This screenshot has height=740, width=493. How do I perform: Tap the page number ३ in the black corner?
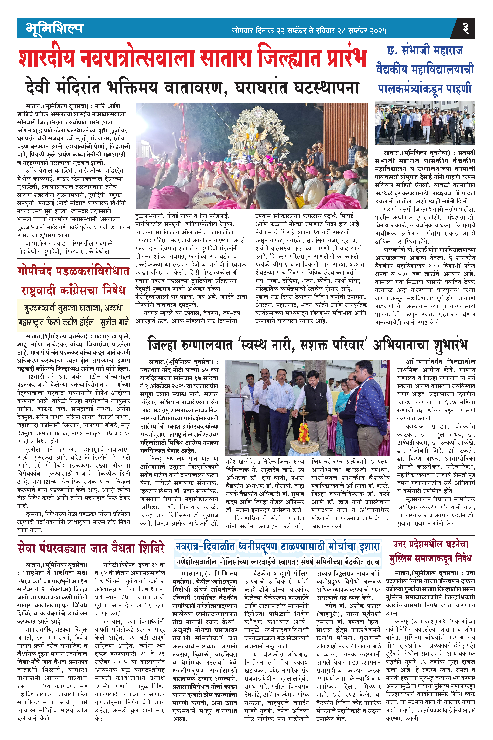tap(465, 28)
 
